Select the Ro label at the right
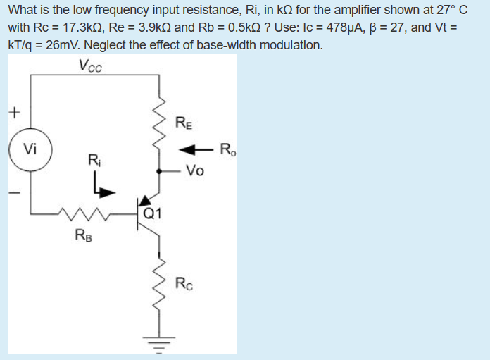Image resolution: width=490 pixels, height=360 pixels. pyautogui.click(x=228, y=149)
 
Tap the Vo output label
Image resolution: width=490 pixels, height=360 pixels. pyautogui.click(x=196, y=170)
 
